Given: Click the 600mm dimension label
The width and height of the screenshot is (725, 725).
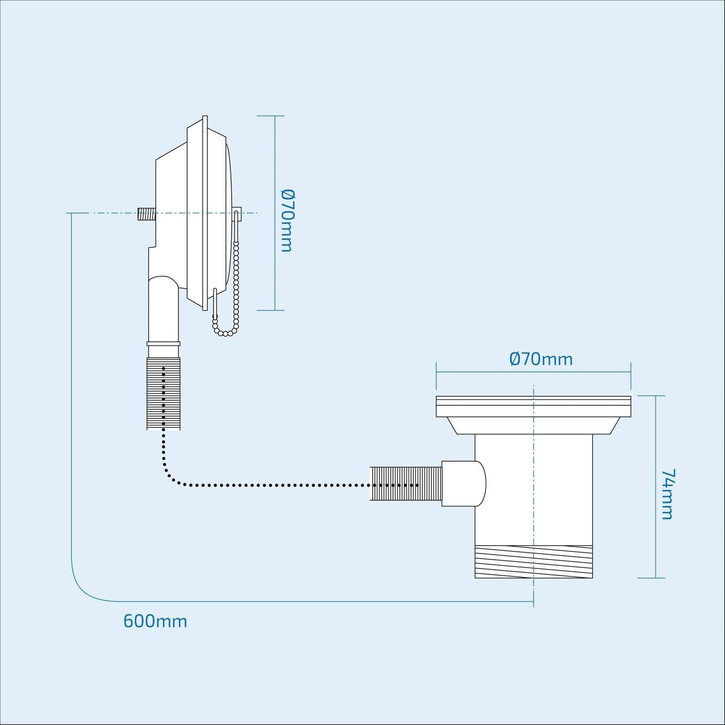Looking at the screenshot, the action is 155,621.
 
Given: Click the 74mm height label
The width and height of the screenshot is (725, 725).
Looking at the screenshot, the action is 667,494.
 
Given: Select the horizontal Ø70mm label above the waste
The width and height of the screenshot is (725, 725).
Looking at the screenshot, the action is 541,359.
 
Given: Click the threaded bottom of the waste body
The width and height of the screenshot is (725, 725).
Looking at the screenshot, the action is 533,561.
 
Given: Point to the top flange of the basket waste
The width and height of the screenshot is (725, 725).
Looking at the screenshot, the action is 533,406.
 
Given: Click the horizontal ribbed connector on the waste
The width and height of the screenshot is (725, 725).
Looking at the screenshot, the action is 406,483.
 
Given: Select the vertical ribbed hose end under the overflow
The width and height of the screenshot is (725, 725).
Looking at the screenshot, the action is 163,393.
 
